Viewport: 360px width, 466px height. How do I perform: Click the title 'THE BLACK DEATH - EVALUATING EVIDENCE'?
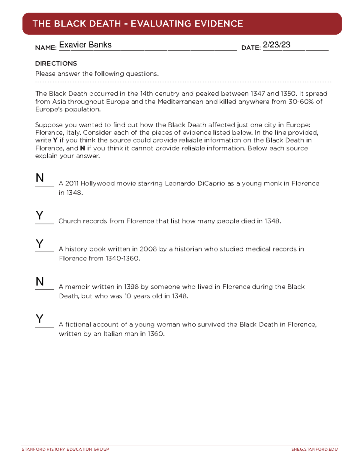[x=138, y=24]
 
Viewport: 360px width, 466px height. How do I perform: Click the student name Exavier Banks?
[x=85, y=45]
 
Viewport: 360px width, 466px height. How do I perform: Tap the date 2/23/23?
[x=276, y=45]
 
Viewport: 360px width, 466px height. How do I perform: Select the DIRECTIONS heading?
[x=56, y=63]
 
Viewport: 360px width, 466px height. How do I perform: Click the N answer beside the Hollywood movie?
[x=40, y=178]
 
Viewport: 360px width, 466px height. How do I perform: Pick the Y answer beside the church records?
[x=39, y=215]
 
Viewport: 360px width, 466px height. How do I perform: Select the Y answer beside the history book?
[x=39, y=244]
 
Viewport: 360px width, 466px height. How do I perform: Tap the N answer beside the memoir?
[x=40, y=281]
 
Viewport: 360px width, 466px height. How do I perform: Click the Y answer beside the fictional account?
[x=39, y=319]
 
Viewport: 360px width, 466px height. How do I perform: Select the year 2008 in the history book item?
[x=148, y=249]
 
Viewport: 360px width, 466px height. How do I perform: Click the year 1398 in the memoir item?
[x=131, y=287]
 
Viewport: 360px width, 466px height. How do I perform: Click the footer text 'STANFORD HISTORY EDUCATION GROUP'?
[x=65, y=449]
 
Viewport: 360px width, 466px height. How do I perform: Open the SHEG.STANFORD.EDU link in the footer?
[x=314, y=449]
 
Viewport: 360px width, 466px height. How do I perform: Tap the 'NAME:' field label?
[x=46, y=48]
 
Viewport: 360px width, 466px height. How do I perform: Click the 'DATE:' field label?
[x=251, y=48]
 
